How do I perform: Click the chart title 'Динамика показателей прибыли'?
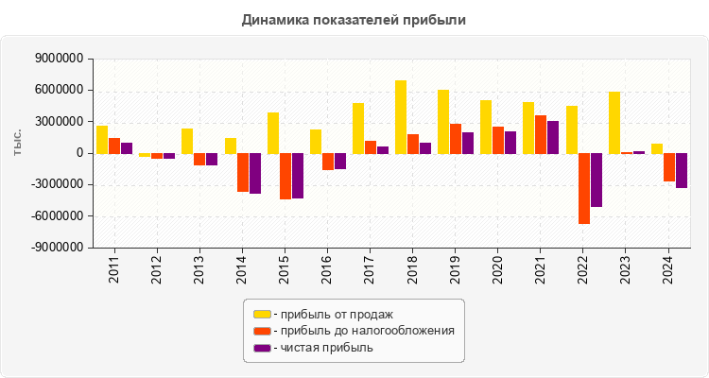click(354, 19)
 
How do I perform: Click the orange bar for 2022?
click(584, 188)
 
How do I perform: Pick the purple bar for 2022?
click(597, 180)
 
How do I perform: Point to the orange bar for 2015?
click(285, 176)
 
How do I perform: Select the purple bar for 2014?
click(254, 173)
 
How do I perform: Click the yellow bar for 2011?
click(102, 139)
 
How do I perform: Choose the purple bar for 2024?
click(682, 170)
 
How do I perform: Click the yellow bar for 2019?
click(443, 121)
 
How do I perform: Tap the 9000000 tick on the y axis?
click(58, 59)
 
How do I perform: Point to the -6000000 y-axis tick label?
click(56, 216)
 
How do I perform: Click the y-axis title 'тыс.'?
click(17, 143)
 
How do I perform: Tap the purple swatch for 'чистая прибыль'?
click(262, 348)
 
